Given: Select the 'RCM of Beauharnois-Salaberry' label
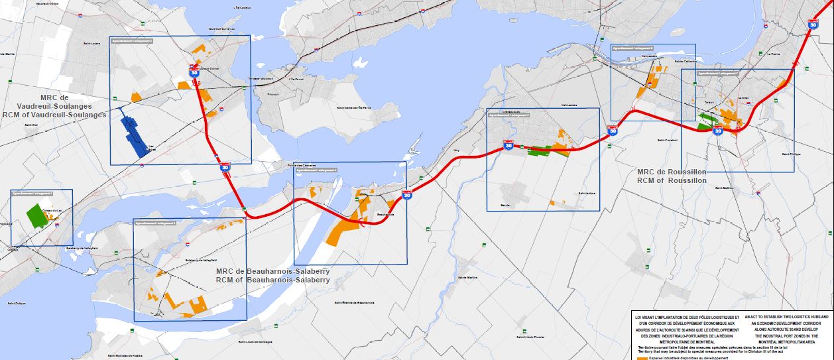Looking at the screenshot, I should [272, 280].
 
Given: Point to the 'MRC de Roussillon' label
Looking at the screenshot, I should [671, 172].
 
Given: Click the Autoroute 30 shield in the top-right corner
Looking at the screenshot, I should [812, 24].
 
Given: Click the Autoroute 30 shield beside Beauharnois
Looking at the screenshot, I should [406, 194].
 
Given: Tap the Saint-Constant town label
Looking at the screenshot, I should [667, 140].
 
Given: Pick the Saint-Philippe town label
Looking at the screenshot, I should [791, 154].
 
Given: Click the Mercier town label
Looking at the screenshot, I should [506, 205].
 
